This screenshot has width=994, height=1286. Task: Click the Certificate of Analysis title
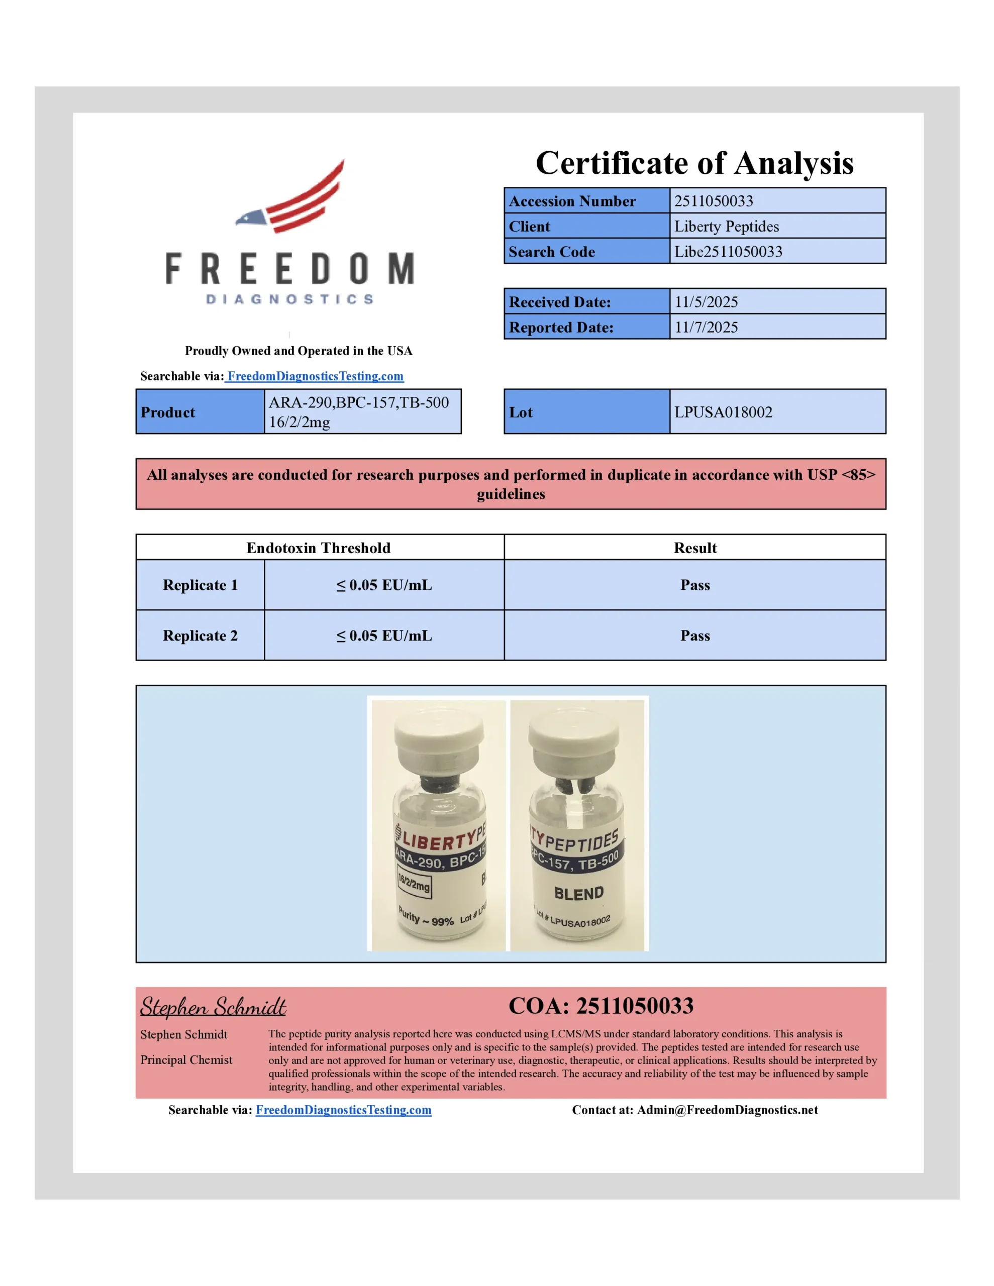694,163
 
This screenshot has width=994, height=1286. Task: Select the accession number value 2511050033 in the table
714,201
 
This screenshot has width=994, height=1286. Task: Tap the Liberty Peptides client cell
726,227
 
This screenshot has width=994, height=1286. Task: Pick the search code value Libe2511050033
728,252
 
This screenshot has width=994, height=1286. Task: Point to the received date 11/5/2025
706,302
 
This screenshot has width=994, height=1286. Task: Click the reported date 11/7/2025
706,328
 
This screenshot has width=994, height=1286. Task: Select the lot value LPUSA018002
723,412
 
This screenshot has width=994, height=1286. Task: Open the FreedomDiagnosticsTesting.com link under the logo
315,376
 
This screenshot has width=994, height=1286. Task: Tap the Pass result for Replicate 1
694,585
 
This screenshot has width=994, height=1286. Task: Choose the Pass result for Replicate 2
694,636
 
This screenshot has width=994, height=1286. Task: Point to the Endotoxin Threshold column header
318,548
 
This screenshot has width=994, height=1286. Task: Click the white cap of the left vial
439,736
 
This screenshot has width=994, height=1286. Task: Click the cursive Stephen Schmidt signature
213,1006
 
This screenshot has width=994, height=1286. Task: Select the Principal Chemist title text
186,1060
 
